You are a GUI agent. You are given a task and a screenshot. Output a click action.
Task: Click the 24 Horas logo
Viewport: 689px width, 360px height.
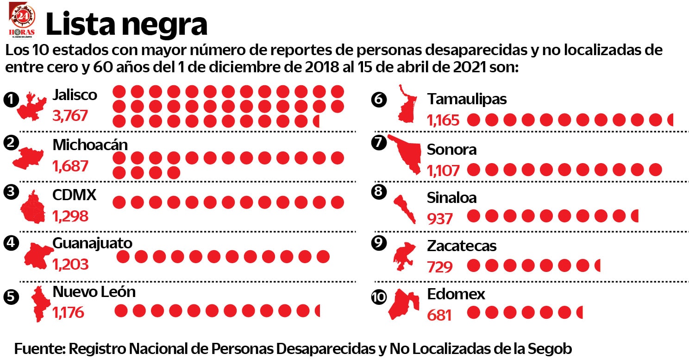click(x=22, y=19)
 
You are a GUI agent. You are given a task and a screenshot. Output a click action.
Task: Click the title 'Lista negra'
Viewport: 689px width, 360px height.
click(x=126, y=24)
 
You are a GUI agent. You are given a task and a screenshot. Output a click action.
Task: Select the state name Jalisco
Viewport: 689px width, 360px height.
click(x=75, y=95)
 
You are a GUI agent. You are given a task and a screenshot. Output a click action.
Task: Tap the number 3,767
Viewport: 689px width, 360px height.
click(x=70, y=115)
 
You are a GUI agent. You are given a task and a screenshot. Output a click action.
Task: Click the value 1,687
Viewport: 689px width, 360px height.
click(x=70, y=166)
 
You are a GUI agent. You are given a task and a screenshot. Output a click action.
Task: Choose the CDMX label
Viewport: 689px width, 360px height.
click(x=74, y=195)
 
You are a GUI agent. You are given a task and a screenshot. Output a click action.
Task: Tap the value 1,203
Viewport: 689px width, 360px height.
click(x=70, y=265)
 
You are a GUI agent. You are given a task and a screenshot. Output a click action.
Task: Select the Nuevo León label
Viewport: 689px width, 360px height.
click(x=94, y=292)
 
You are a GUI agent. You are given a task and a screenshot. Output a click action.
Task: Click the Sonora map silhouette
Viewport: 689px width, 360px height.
click(x=406, y=153)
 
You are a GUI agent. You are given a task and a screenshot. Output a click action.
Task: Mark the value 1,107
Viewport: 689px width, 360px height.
click(x=443, y=171)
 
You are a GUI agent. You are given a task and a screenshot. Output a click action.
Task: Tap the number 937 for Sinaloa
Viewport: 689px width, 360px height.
click(x=440, y=218)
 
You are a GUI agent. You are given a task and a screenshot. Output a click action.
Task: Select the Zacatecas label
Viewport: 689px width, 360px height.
click(x=462, y=246)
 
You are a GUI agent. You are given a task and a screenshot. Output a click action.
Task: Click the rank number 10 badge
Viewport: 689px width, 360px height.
click(x=379, y=297)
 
